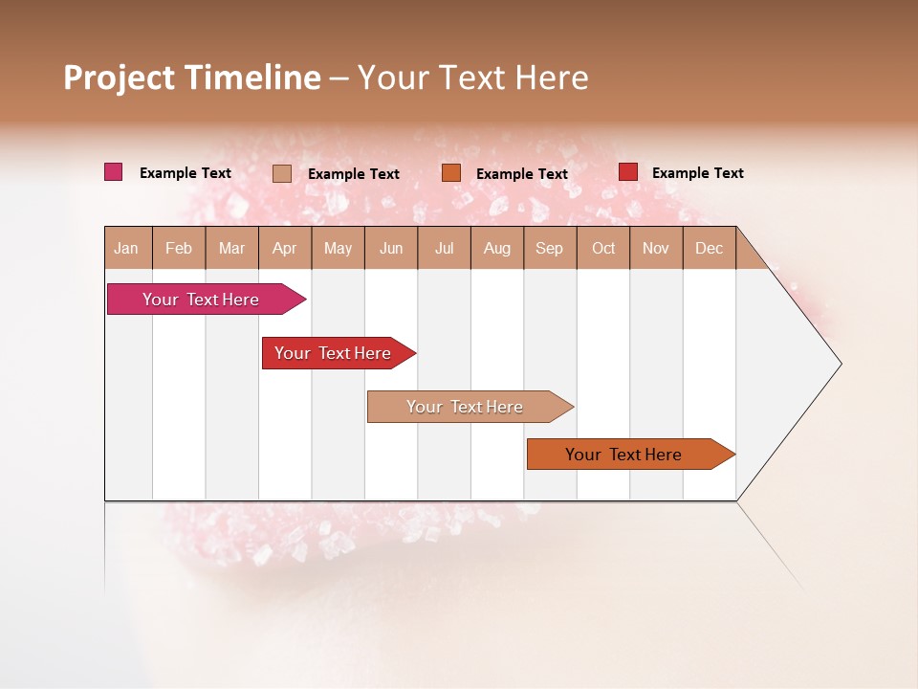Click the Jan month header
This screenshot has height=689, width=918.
point(126,248)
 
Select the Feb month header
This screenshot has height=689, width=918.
point(179,248)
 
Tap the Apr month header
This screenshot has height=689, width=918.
point(284,248)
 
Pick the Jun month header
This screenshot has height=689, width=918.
point(391,248)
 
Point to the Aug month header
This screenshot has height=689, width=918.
point(496,248)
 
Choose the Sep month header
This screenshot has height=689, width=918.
point(549,248)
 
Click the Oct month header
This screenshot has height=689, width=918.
point(603,248)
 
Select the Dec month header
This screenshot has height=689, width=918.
point(709,248)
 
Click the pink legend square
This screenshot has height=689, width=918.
point(113,172)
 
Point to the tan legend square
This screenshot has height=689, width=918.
point(282,173)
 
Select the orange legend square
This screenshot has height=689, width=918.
point(451,173)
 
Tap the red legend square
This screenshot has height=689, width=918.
point(628,172)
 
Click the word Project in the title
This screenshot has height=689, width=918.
point(120,78)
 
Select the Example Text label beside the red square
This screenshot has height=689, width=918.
point(697,173)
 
